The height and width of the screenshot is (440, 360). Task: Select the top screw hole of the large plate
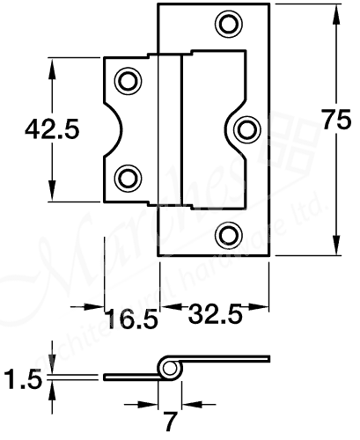pos(229,25)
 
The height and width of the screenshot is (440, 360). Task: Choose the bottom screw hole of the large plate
pos(229,233)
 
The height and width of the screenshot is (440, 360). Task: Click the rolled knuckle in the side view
pos(170,368)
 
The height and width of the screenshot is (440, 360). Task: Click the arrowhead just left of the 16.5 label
pos(94,308)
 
